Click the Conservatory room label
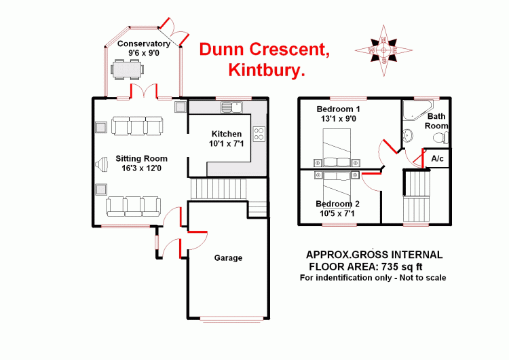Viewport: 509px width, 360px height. coord(143,44)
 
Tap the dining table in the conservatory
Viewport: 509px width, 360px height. coord(128,69)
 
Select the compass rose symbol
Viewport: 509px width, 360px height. coord(383,50)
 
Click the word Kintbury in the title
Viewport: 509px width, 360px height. coord(265,70)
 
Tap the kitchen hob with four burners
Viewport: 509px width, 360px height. coord(259,132)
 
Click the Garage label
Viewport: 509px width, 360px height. coord(228,257)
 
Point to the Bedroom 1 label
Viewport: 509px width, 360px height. coord(339,109)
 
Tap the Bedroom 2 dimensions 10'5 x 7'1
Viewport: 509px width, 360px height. coord(338,214)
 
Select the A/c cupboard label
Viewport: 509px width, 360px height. coord(438,158)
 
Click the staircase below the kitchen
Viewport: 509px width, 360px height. coord(217,188)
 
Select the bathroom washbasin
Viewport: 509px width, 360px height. coord(408,134)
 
